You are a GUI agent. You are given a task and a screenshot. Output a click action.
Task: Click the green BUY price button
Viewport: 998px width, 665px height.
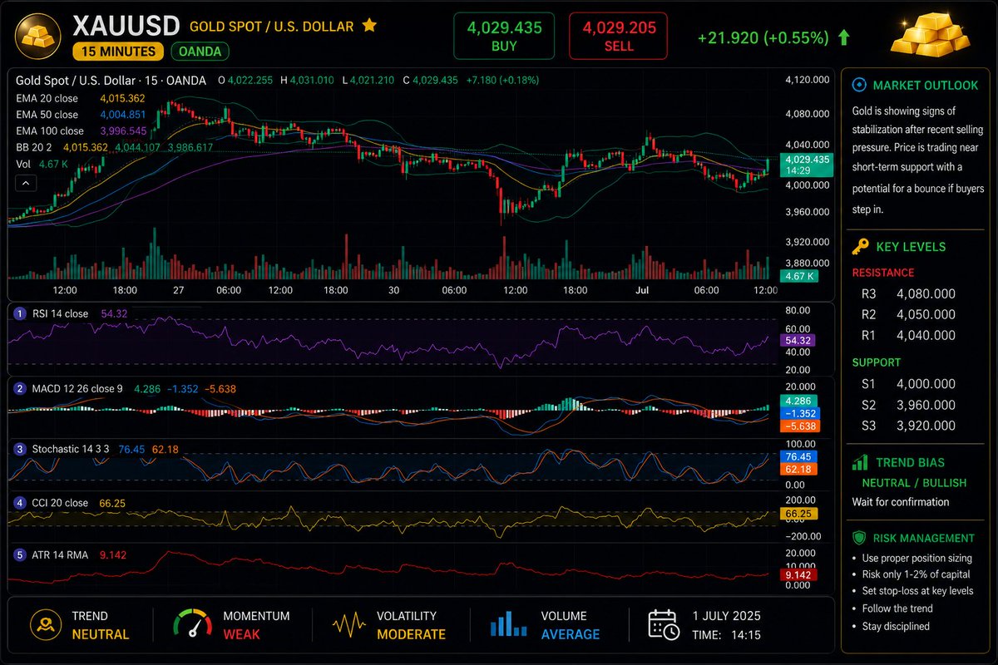pos(504,36)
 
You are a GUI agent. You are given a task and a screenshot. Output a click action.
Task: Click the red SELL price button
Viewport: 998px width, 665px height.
pos(619,36)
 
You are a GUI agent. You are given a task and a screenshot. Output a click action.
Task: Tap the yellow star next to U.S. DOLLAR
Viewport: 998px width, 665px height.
pos(369,26)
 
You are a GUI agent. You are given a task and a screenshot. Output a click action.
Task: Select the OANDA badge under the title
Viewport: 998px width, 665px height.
pos(200,52)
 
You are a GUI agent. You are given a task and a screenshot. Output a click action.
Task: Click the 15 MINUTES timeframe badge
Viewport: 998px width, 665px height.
pos(118,52)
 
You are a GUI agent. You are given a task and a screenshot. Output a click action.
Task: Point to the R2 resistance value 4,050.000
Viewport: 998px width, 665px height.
pos(926,314)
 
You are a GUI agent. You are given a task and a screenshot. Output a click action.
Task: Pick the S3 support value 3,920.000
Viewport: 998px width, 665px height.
pos(926,426)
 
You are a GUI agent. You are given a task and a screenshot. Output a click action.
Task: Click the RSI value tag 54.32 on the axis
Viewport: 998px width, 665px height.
pos(798,341)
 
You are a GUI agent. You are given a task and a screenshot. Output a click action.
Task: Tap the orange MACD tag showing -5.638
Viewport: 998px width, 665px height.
pos(800,426)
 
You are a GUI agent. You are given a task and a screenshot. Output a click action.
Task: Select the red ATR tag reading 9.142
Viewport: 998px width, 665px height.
pos(798,574)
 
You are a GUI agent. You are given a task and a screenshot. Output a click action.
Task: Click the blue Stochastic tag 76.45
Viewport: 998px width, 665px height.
pos(798,456)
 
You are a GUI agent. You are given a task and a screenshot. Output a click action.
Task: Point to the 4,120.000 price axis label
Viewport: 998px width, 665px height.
pos(808,80)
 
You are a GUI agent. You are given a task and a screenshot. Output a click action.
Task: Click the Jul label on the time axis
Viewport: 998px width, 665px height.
pos(642,290)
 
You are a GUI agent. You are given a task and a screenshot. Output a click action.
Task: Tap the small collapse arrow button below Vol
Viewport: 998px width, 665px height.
pos(26,183)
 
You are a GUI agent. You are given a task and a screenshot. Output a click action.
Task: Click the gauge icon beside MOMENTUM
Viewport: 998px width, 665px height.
pos(192,623)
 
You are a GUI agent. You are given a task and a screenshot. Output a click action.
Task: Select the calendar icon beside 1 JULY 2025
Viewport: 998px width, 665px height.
pos(664,625)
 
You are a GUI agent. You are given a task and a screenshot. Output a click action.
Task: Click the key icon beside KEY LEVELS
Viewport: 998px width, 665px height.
pos(860,247)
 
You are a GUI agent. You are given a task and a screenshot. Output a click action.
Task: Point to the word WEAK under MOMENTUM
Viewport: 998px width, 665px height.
pos(241,634)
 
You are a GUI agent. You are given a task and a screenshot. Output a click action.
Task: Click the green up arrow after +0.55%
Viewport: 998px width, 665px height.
pos(844,38)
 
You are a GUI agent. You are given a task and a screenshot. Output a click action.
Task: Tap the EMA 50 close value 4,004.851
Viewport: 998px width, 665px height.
pos(122,115)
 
